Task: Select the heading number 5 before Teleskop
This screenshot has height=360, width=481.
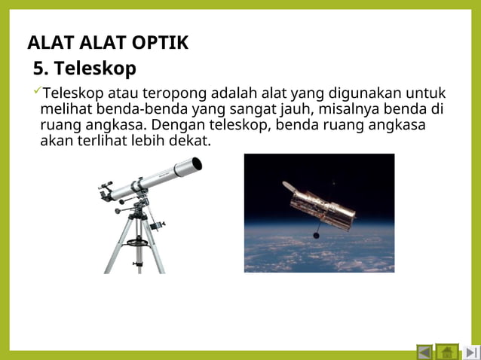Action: point(40,69)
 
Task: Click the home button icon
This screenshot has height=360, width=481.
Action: point(447,352)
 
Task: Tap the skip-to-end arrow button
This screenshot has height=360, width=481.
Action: point(471,352)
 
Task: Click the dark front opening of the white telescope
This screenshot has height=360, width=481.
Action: point(196,163)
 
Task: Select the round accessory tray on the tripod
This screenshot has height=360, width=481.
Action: point(137,243)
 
